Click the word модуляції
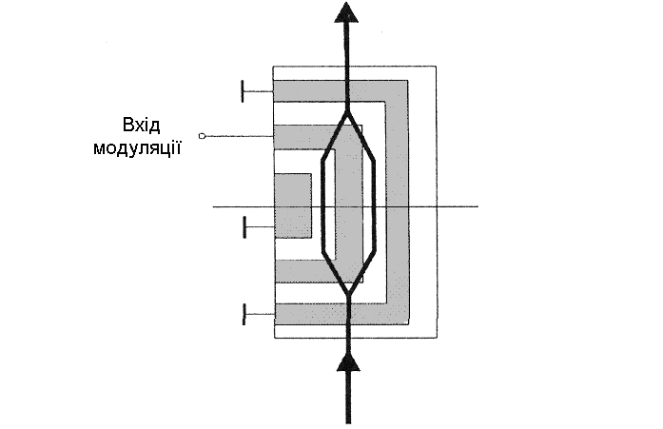pos(143,149)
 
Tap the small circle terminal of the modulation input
pos(202,136)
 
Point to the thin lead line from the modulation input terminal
pos(238,136)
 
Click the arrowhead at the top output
pos(348,13)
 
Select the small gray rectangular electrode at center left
pos(293,205)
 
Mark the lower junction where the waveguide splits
pos(349,294)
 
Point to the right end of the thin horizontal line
pos(476,206)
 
